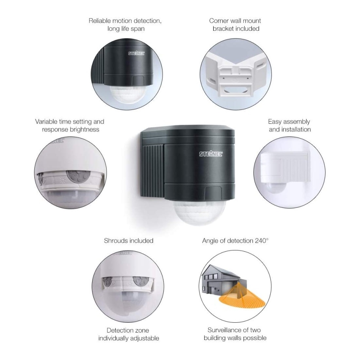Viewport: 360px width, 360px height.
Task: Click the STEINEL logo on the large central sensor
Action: pyautogui.click(x=211, y=154)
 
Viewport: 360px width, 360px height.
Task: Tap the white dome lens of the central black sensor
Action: pyautogui.click(x=199, y=212)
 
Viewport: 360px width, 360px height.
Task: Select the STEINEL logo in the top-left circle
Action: pyautogui.click(x=136, y=53)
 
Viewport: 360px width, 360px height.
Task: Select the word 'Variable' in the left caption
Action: pyautogui.click(x=46, y=122)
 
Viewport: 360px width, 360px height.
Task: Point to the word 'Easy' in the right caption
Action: pyautogui.click(x=275, y=122)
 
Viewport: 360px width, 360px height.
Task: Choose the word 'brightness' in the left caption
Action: pyautogui.click(x=85, y=130)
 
